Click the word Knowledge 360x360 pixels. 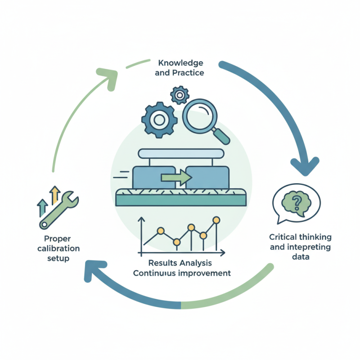pyautogui.click(x=180, y=63)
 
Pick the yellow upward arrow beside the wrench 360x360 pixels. pyautogui.click(x=55, y=194)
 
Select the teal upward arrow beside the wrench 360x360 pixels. pyautogui.click(x=43, y=207)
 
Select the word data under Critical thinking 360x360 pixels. pyautogui.click(x=300, y=257)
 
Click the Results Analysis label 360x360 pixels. pyautogui.click(x=179, y=262)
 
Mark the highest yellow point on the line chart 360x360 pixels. pyautogui.click(x=216, y=220)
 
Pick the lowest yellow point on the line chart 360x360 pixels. pyautogui.click(x=176, y=243)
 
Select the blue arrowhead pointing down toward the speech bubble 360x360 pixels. pyautogui.click(x=307, y=165)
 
